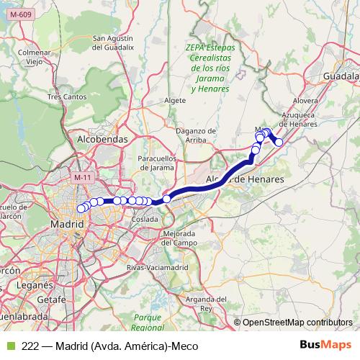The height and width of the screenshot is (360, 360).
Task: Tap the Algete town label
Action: click(x=175, y=100)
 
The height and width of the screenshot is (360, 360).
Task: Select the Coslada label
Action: click(x=145, y=218)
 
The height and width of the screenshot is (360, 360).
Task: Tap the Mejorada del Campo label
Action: click(x=180, y=238)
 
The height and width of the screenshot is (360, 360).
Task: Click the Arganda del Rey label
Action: click(x=206, y=303)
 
